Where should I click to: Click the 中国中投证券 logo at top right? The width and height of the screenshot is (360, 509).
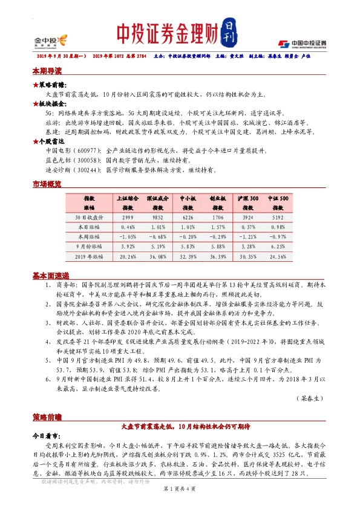click(303, 44)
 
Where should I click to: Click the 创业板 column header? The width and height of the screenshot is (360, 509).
click(218, 198)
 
